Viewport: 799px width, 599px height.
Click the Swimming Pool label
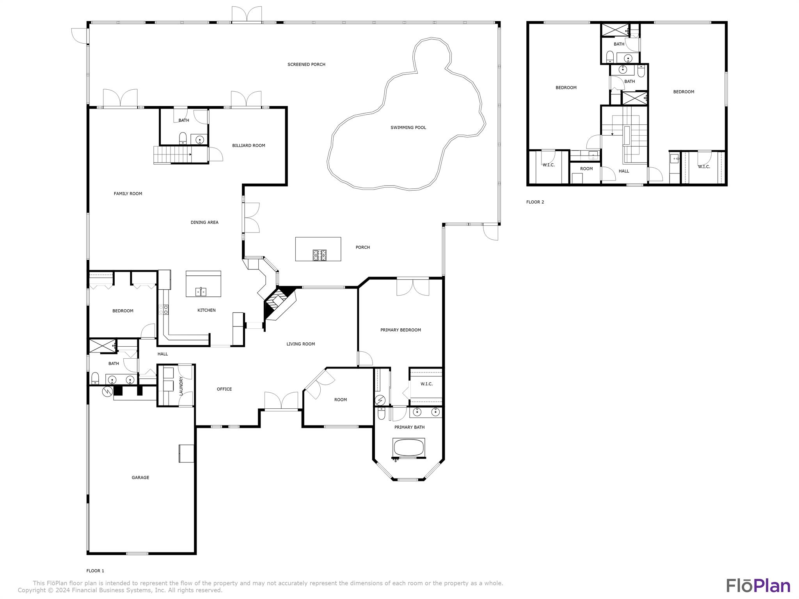point(408,128)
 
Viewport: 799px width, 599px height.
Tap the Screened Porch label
point(306,64)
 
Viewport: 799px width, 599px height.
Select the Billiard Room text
point(249,145)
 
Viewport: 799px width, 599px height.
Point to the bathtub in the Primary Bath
point(409,448)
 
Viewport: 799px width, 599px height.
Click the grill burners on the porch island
point(320,255)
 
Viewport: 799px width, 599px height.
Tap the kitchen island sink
point(201,292)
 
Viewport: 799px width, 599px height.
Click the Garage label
point(140,477)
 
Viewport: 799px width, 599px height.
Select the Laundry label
point(181,386)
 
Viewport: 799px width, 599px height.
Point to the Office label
point(224,389)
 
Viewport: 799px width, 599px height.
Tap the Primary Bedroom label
point(401,330)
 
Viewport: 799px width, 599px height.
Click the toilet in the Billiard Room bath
point(183,138)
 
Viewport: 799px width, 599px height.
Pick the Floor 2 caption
point(535,202)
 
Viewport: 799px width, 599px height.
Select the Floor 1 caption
point(95,571)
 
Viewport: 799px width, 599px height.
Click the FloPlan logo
point(758,586)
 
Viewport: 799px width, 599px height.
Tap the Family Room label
point(128,193)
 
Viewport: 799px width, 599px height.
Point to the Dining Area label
point(204,222)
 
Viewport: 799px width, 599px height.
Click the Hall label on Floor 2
point(624,171)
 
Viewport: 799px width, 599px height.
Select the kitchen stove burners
point(164,310)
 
